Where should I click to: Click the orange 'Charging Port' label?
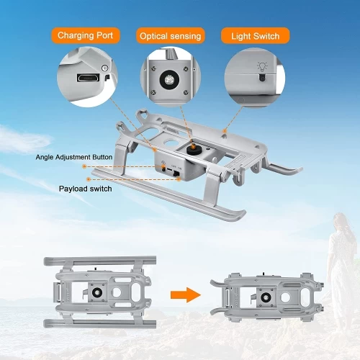[89, 35]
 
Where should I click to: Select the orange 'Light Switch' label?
[256, 35]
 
